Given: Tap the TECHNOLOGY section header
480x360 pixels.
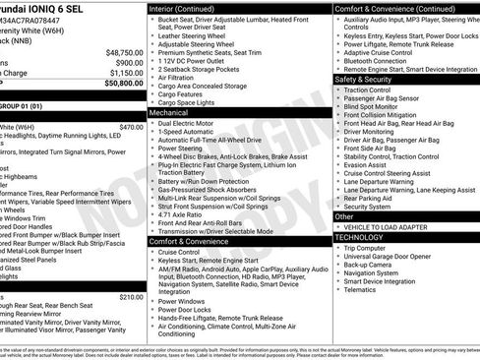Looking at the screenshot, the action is point(359,237).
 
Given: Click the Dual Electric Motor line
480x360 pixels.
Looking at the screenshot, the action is point(189,123).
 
